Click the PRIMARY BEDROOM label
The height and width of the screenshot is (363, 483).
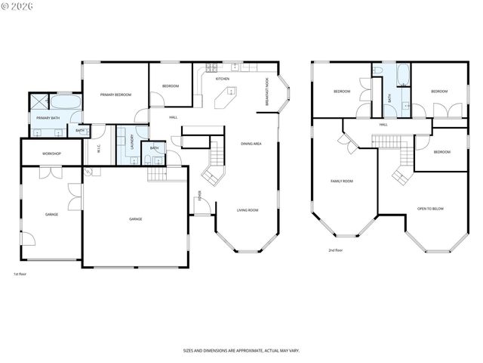tap(116, 95)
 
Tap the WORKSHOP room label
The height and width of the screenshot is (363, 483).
tap(51, 154)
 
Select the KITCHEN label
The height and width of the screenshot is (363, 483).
tap(223, 79)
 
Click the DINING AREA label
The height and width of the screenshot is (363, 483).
tap(251, 143)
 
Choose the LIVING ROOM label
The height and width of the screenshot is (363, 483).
tap(247, 210)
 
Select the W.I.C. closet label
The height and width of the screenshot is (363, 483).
tap(99, 149)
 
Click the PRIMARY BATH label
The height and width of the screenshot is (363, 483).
tap(49, 118)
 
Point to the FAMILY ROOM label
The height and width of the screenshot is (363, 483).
tap(342, 181)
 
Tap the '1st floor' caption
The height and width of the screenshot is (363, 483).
tap(20, 273)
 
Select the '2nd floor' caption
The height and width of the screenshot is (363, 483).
tap(335, 250)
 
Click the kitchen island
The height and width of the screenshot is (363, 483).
tap(226, 96)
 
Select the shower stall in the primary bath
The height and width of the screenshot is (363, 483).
tap(39, 102)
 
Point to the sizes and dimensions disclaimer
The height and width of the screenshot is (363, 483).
tap(241, 350)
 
